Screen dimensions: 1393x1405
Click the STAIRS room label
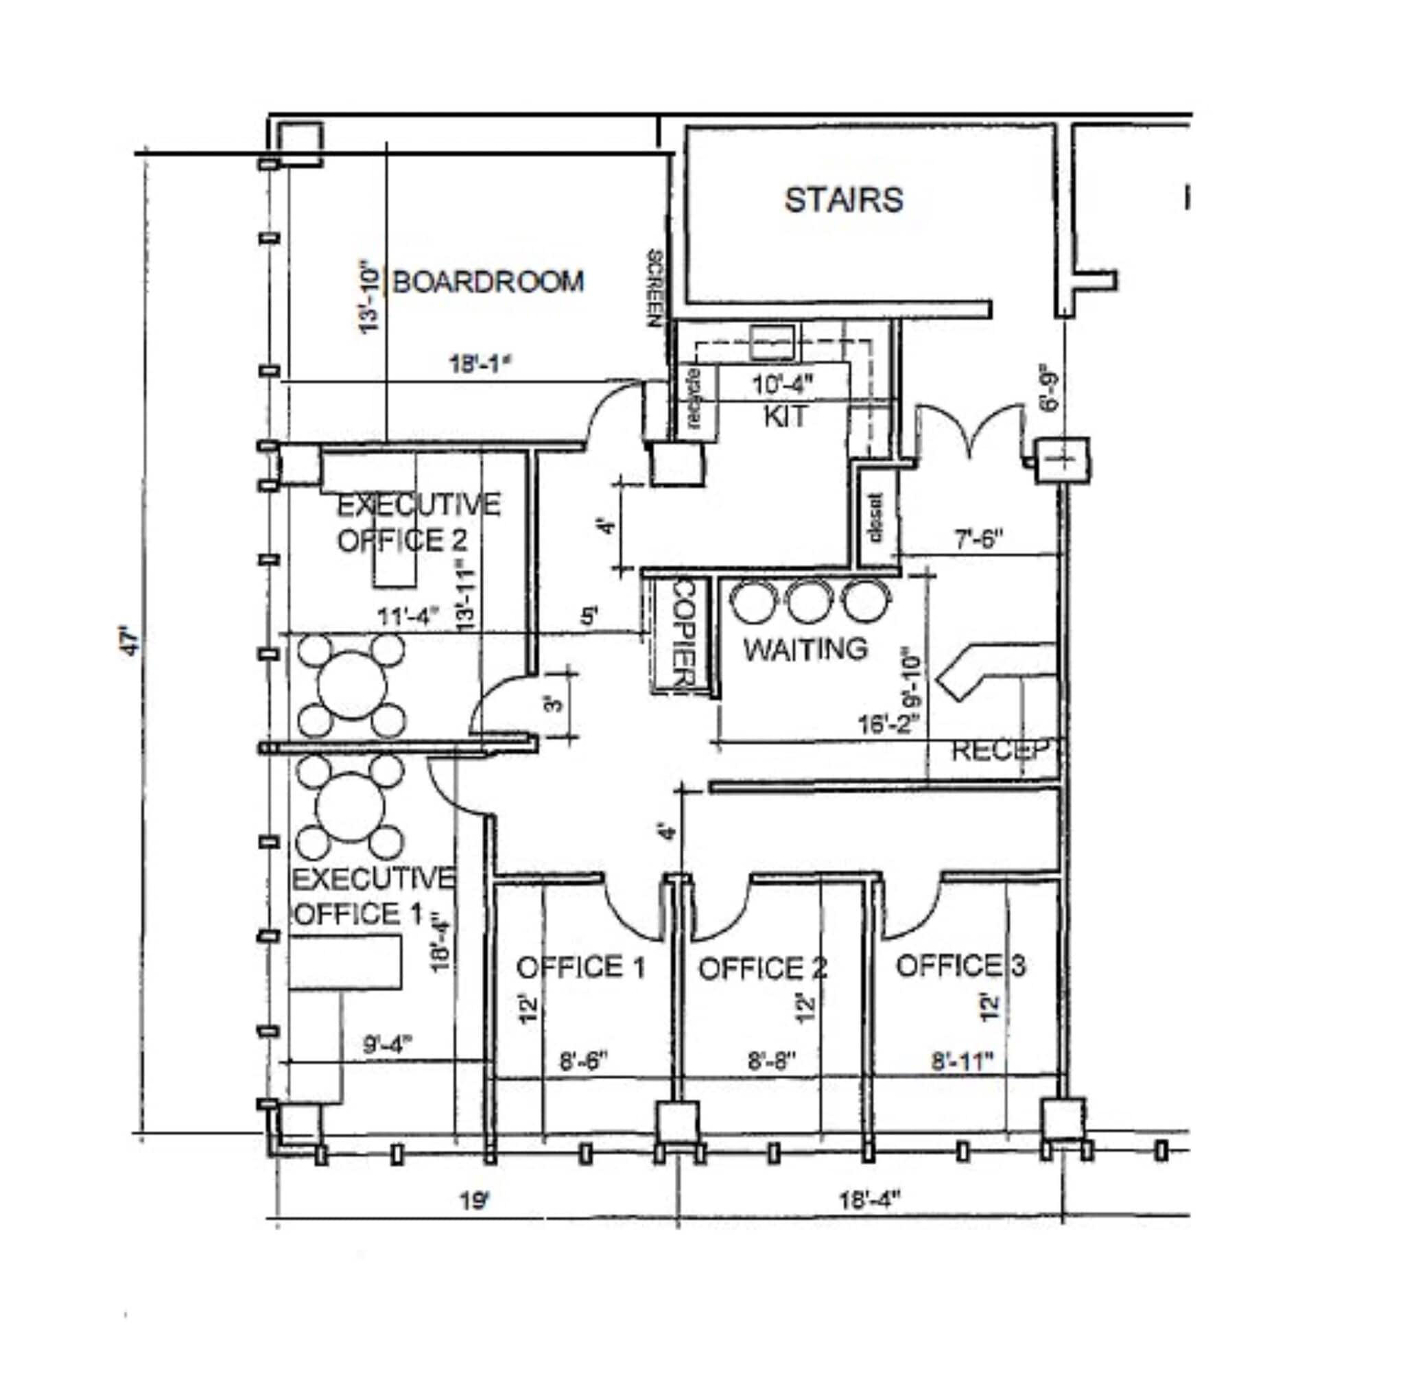843,200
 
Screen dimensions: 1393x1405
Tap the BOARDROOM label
488,281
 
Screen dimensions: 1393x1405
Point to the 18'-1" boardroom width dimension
477,363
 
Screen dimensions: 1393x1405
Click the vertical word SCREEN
654,288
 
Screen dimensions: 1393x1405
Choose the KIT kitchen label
786,416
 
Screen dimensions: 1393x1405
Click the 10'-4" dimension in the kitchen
783,384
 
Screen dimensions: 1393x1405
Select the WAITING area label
806,648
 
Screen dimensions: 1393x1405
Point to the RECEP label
1001,750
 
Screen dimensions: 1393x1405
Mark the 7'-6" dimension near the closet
979,539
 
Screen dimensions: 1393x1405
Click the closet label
875,519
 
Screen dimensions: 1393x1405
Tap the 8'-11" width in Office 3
962,1062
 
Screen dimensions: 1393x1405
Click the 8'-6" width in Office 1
582,1062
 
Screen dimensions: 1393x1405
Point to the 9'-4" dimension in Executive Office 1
387,1045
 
